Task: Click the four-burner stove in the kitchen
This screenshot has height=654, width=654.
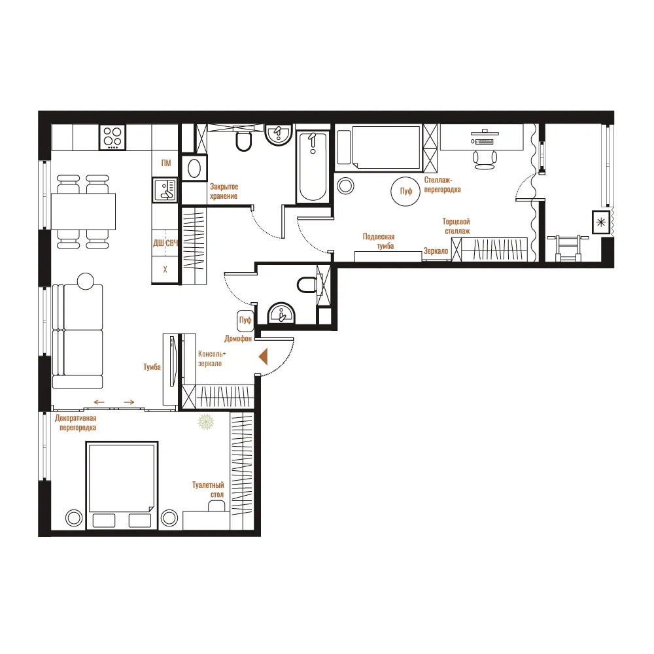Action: (x=112, y=137)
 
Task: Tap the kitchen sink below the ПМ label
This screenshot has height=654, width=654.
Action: (x=165, y=190)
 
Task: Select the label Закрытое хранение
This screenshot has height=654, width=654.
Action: (x=224, y=192)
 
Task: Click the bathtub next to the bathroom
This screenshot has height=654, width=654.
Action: (x=313, y=167)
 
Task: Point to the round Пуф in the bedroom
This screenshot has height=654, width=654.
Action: (x=405, y=191)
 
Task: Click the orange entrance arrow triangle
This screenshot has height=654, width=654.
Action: (x=263, y=357)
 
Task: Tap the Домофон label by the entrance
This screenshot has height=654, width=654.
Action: (x=238, y=338)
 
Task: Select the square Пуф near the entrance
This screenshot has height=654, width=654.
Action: (x=245, y=320)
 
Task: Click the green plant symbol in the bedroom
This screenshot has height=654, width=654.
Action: (x=205, y=422)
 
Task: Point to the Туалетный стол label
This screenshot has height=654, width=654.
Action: (x=208, y=490)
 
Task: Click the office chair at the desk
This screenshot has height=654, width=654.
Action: (x=485, y=160)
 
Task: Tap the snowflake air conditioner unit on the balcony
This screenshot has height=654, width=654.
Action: (x=601, y=222)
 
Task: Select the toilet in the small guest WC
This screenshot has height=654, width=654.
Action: (x=307, y=285)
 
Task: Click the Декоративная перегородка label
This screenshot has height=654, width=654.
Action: (x=75, y=422)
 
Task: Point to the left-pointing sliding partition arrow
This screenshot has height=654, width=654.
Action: (x=99, y=402)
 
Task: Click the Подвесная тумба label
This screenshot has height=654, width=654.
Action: (x=379, y=241)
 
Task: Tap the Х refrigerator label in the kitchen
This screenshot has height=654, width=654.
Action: (x=165, y=270)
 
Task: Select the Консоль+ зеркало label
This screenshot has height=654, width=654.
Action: (x=212, y=358)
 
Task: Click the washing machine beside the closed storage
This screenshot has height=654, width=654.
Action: (x=194, y=169)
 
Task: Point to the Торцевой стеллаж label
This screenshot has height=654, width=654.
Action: (x=456, y=226)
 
